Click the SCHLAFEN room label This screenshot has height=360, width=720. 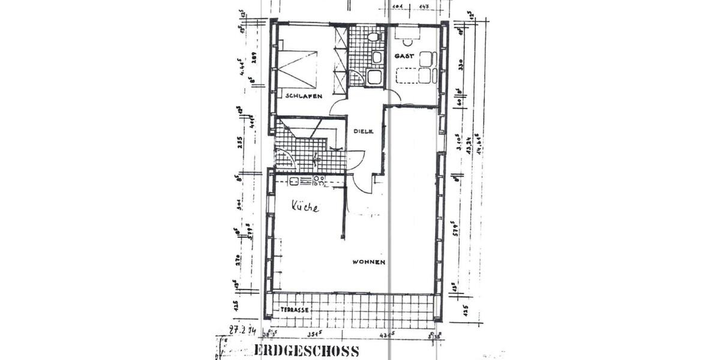click(304, 96)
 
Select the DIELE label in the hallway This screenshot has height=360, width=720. click(363, 131)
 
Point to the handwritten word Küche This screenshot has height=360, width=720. click(305, 207)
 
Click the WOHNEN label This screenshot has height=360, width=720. click(368, 262)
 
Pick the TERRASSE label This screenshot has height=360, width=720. click(295, 310)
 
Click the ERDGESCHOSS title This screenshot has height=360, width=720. click(307, 351)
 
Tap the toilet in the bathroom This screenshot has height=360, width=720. click(373, 37)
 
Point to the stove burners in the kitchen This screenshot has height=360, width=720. click(319, 179)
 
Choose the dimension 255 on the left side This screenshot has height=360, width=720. click(240, 143)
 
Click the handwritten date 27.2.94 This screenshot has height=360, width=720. click(242, 329)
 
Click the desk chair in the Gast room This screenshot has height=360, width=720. click(410, 41)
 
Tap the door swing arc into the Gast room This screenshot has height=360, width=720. click(393, 95)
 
